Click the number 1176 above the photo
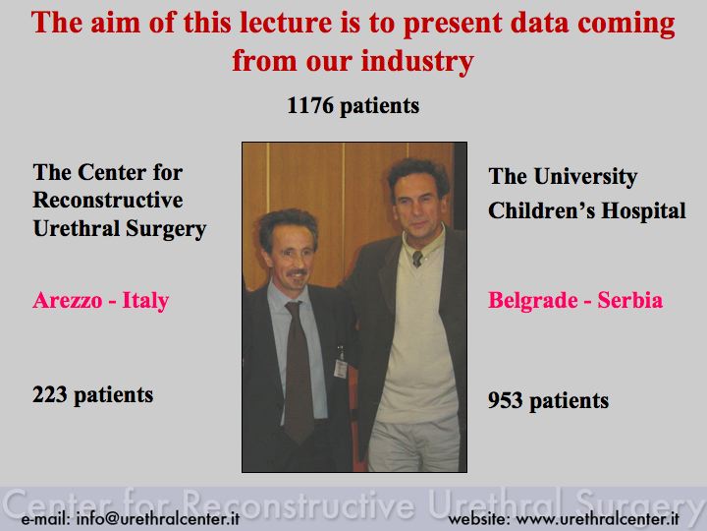coord(310,105)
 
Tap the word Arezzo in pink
coord(67,300)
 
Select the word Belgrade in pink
coord(533,301)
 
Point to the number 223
coord(50,394)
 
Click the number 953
coord(505,400)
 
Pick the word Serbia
coord(630,300)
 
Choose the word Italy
coord(145,301)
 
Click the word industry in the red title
coord(417,61)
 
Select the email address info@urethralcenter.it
coord(158,518)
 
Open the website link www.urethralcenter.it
coord(597,518)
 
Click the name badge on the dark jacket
coord(341,368)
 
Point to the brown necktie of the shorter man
coord(299,371)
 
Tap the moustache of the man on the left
coord(298,272)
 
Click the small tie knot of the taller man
coord(417,258)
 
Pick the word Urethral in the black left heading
coord(77,228)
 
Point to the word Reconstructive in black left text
coord(108,200)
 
